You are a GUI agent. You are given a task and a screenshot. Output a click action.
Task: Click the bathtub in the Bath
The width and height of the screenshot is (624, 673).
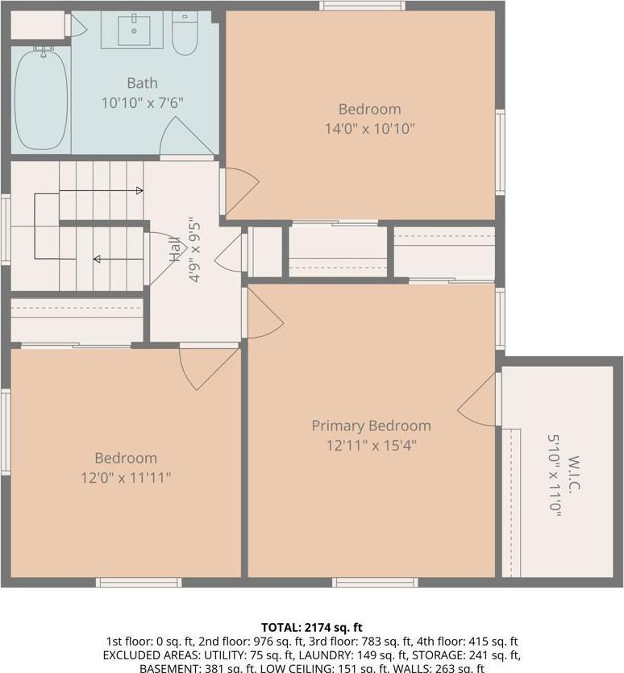pos(41,98)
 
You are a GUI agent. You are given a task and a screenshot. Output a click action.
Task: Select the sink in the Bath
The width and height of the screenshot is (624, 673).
pos(131,31)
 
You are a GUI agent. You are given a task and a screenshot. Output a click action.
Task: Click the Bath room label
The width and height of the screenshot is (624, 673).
pos(142,83)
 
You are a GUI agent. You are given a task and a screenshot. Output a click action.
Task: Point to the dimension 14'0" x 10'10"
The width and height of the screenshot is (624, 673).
pos(369,128)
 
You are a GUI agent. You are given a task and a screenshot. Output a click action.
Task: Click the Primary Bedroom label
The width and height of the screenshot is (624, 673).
pos(371,426)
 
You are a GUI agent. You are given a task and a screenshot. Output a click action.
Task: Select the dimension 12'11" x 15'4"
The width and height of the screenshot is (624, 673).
pos(371,444)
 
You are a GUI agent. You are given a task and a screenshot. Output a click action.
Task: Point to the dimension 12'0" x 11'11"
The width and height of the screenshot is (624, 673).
pos(126,477)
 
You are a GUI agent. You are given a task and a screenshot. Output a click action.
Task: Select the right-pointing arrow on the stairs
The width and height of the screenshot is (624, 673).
pos(138,191)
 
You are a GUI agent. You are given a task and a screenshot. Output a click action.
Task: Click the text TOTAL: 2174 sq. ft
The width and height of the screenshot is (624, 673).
pos(312,626)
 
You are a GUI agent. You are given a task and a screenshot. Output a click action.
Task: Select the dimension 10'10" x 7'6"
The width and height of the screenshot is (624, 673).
pos(142,102)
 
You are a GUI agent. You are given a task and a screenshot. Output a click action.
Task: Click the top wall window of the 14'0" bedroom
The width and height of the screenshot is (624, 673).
pos(361,6)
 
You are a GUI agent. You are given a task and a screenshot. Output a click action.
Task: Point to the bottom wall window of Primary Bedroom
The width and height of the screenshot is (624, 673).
pos(374,582)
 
